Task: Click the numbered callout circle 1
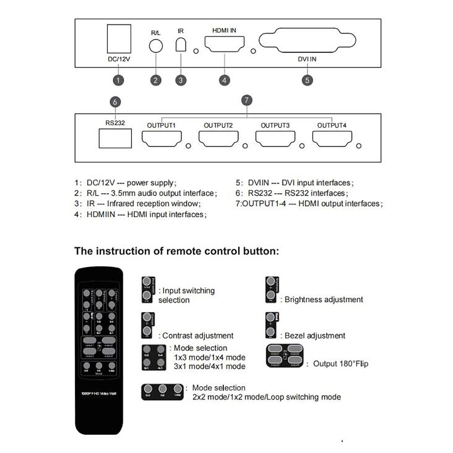118,80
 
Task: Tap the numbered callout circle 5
307,80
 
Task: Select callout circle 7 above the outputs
247,100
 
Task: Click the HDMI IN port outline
224,44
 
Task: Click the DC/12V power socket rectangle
119,39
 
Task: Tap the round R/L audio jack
156,46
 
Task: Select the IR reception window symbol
181,45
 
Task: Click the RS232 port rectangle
115,138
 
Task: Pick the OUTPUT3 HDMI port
275,139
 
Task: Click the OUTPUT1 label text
161,125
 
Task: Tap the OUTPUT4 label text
331,125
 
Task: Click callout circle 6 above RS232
115,102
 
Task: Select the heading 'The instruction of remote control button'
176,251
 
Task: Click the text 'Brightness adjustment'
324,300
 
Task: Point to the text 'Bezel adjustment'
315,336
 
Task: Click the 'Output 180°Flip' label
341,364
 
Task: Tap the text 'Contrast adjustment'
198,336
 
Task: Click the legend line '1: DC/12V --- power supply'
125,183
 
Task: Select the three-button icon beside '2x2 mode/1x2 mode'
162,391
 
